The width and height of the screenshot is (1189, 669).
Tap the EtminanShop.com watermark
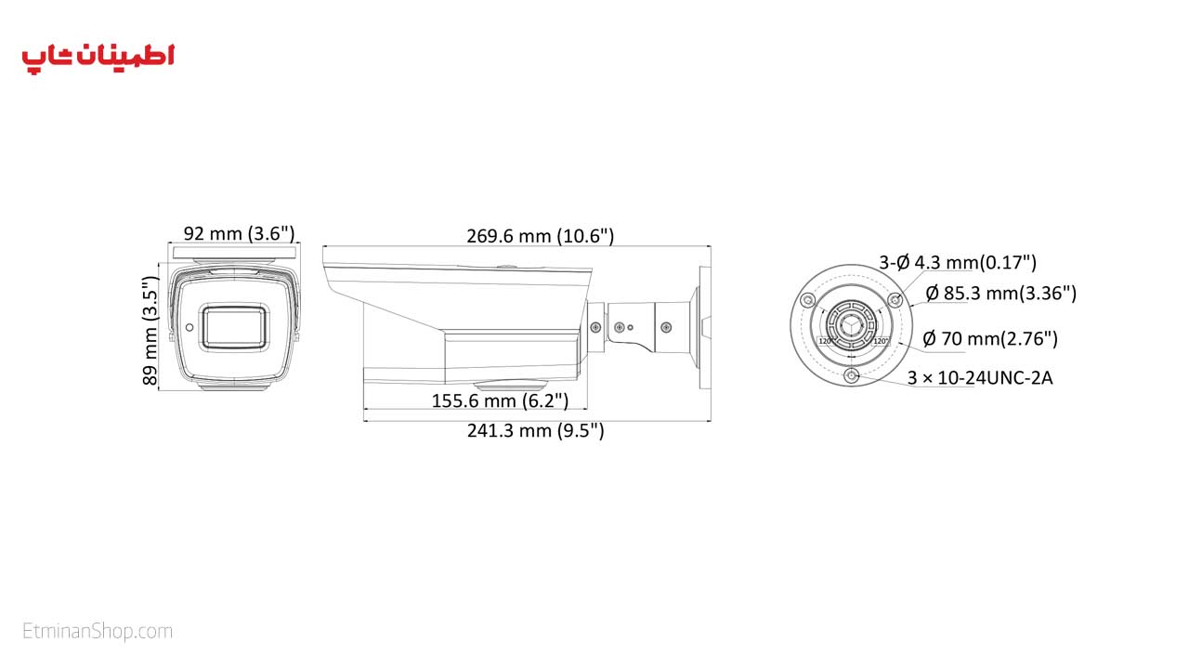coord(98,631)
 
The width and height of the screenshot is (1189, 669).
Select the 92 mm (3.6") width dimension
coord(239,233)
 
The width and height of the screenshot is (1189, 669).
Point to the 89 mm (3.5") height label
coord(150,330)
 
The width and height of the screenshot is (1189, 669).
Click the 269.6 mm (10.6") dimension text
coord(541,236)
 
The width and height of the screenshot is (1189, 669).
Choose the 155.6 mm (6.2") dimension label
coord(500,400)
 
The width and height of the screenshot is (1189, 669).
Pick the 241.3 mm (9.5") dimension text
coord(536,430)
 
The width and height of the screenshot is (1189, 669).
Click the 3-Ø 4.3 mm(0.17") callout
coord(958,262)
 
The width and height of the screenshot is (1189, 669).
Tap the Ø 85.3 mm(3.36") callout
coord(1001,293)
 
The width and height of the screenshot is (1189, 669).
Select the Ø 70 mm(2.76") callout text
coord(990,338)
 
